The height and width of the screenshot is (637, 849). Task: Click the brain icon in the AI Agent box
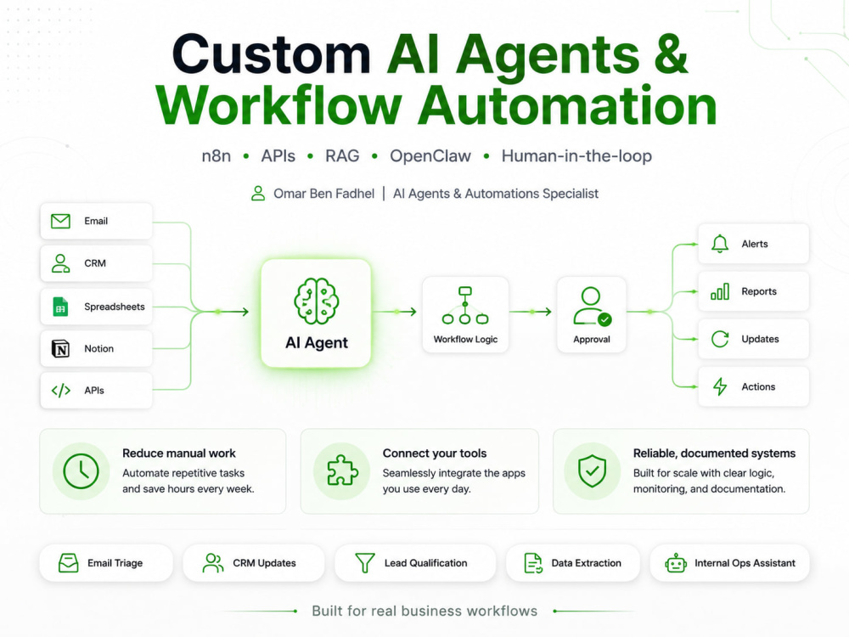(316, 302)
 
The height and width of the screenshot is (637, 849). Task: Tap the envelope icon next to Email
(60, 221)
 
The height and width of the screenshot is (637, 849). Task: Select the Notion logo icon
(60, 349)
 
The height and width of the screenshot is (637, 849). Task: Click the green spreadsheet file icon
(60, 307)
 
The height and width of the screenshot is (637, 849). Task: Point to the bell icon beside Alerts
(720, 244)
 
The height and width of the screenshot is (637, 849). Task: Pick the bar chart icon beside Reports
(720, 291)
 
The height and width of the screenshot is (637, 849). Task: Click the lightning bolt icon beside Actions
(720, 386)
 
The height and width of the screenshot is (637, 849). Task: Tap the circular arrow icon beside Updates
(720, 339)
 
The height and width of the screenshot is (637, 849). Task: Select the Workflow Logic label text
(465, 340)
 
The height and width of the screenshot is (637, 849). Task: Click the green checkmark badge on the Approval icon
(604, 319)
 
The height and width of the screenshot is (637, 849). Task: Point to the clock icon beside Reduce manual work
(82, 471)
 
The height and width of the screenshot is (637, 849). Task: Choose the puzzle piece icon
(342, 471)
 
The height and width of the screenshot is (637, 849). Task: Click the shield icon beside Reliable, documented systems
(592, 471)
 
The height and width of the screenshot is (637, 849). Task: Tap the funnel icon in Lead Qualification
(364, 563)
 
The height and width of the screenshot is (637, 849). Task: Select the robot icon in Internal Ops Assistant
(676, 563)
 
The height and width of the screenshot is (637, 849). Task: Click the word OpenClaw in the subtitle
(430, 156)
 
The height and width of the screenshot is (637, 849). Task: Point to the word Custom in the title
(272, 54)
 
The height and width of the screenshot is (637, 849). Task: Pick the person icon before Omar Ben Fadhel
(258, 194)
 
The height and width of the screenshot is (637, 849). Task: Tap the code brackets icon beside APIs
(60, 391)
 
